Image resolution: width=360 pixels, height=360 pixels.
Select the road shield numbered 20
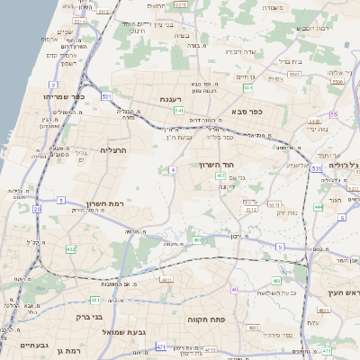tap(37, 209)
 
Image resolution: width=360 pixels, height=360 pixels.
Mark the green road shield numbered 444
tap(319, 206)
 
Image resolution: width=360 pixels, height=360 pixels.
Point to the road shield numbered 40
tap(235, 289)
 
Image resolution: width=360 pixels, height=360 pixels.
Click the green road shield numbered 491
tap(197, 240)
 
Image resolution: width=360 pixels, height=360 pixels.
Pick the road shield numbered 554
tap(247, 88)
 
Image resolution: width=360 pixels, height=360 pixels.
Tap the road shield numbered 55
tap(333, 115)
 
